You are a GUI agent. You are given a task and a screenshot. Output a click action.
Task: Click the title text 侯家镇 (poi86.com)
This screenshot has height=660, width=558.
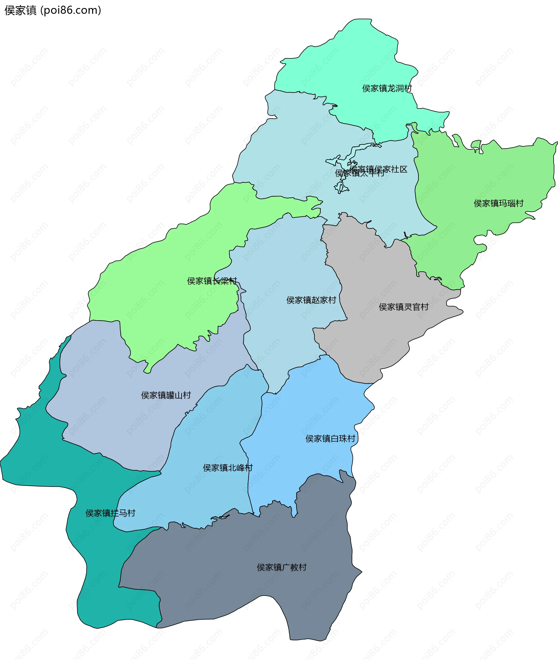pos(53,10)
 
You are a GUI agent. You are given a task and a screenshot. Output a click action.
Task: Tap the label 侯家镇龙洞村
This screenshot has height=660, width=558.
pos(387,88)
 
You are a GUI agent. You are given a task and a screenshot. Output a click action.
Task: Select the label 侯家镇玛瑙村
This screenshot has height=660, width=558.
pos(498,203)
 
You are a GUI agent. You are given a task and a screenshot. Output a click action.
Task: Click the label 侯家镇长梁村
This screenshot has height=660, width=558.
pos(212,281)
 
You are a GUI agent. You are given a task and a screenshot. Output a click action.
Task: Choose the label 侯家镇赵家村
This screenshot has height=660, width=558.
pos(311,300)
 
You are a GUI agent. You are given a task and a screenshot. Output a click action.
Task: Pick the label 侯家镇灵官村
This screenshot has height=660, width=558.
pos(403,307)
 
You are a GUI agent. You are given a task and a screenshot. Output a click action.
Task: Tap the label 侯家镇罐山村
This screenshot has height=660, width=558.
pos(166,395)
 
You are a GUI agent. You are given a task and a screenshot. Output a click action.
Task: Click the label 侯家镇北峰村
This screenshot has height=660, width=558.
pos(228,467)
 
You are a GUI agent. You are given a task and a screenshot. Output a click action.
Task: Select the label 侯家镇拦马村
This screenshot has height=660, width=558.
pos(110,513)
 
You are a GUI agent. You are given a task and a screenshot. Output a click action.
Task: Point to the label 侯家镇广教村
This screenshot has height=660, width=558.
pos(281,567)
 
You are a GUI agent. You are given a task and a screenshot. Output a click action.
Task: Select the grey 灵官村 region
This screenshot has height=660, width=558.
pos(380,341)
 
